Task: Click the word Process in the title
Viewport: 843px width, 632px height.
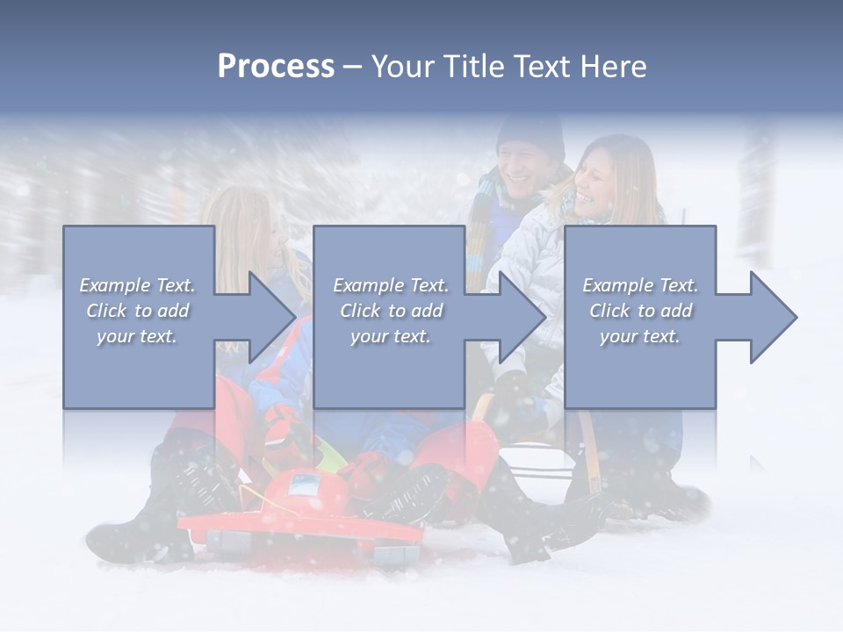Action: click(276, 67)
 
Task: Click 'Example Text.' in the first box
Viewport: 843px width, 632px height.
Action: click(138, 285)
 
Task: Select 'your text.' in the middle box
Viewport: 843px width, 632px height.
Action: click(390, 336)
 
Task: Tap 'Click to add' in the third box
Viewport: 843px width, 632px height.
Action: click(640, 311)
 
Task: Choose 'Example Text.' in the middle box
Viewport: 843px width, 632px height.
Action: click(390, 285)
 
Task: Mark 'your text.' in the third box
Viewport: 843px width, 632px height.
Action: click(640, 336)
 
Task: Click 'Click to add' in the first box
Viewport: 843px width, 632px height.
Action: click(138, 311)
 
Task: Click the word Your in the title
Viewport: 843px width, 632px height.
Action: click(403, 67)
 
